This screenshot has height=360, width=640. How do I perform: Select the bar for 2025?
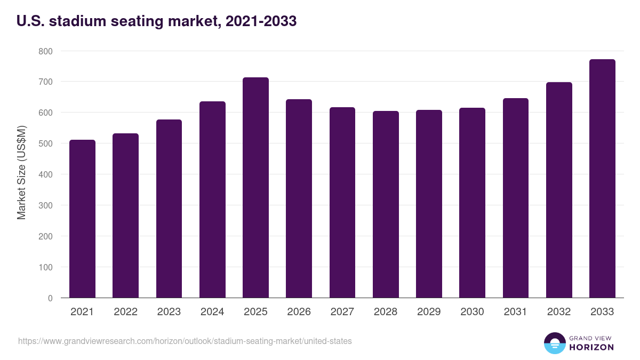tap(255, 188)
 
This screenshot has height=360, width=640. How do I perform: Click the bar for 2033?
tap(602, 179)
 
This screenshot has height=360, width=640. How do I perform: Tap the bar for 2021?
tap(82, 219)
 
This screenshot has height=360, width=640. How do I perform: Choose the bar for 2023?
tap(169, 209)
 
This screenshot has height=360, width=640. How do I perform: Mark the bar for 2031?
tap(515, 198)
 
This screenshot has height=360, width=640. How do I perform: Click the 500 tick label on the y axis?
tap(46, 143)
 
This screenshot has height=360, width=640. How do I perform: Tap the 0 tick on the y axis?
tap(50, 298)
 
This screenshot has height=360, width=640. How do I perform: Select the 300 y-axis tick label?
tap(46, 205)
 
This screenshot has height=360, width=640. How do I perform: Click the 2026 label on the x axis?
tap(299, 312)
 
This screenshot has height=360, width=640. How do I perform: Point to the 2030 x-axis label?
tap(472, 312)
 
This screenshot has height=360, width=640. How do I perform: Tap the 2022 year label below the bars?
tap(125, 312)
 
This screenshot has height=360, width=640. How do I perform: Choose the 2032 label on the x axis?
tap(559, 312)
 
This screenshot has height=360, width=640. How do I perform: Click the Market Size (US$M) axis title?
tap(21, 173)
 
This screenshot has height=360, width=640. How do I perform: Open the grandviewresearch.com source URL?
tap(185, 341)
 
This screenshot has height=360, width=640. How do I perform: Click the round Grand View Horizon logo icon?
tap(554, 343)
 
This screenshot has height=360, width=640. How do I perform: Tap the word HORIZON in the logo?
tap(591, 347)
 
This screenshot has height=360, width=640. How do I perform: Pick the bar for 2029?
tap(429, 204)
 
